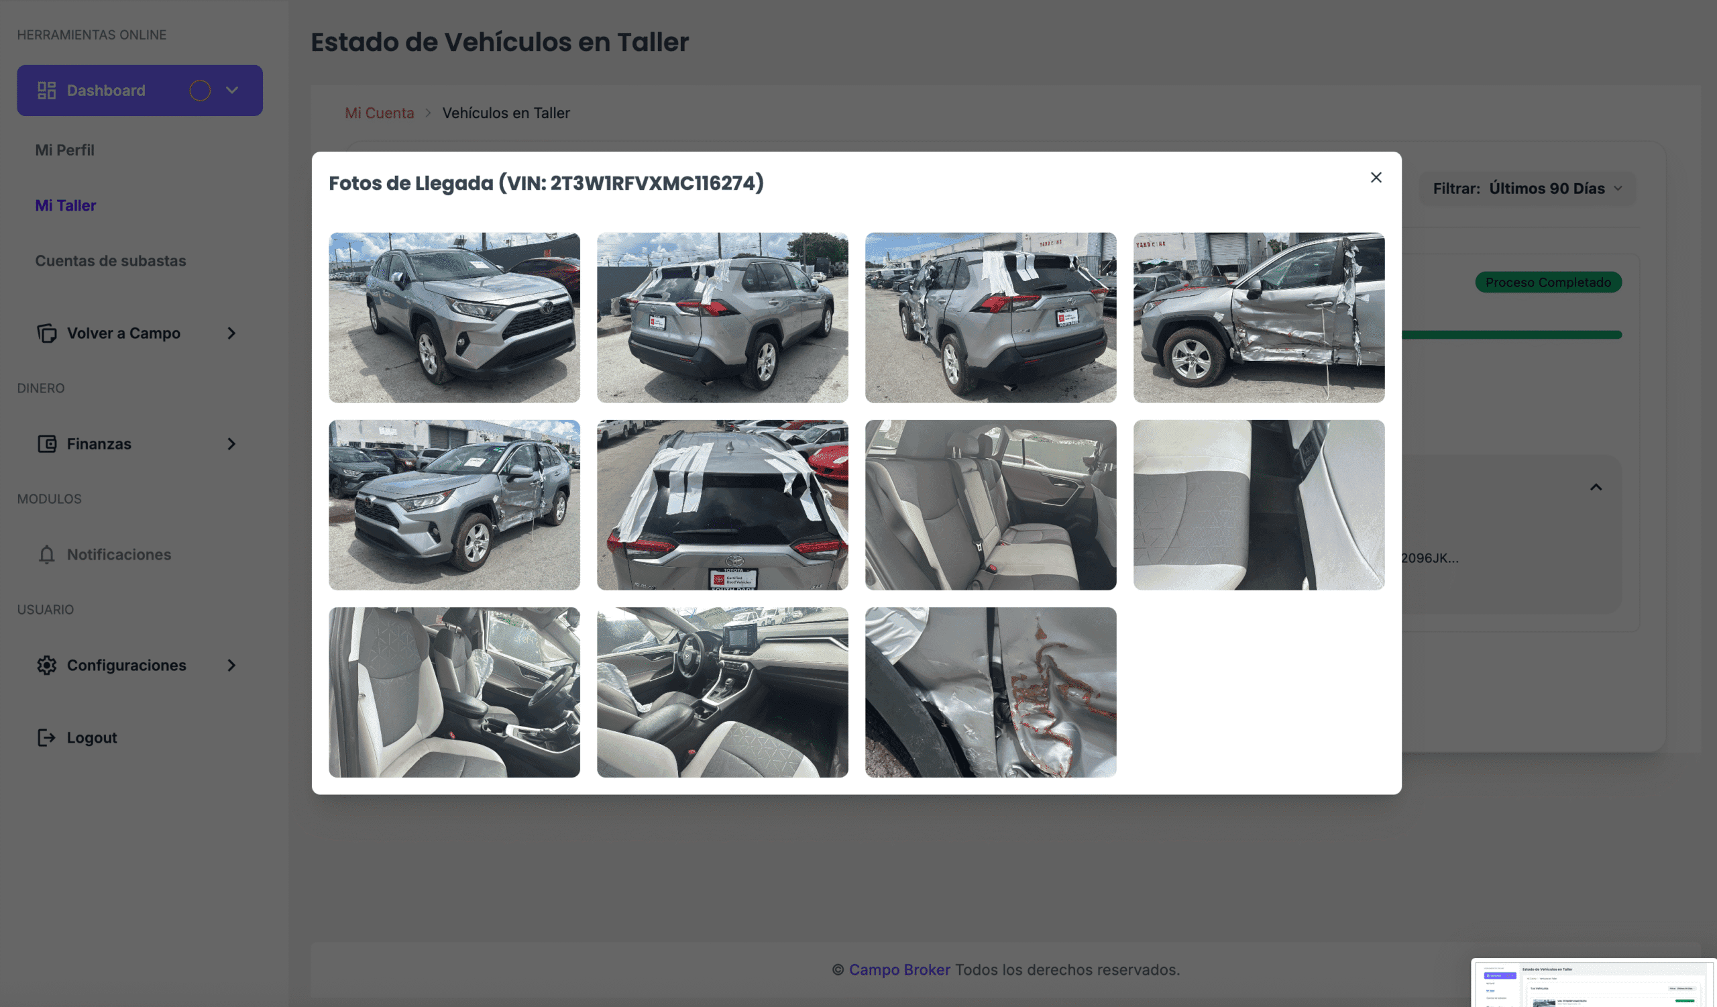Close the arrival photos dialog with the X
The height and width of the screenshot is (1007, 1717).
tap(1376, 178)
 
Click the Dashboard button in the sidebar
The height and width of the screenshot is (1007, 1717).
tap(105, 91)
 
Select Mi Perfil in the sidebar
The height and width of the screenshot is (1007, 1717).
tap(65, 150)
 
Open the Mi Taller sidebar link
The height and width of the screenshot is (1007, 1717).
tap(66, 205)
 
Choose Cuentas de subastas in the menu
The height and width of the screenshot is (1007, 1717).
tap(111, 261)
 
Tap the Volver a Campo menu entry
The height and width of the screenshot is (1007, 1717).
tap(123, 333)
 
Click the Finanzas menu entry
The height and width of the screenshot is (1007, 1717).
tap(99, 444)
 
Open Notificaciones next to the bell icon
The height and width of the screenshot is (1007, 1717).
tap(119, 555)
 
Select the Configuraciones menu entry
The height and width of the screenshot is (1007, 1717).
tap(126, 665)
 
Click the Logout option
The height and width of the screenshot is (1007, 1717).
tap(91, 738)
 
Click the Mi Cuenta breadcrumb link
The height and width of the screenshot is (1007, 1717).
tap(379, 113)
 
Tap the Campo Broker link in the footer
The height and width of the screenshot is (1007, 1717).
tap(899, 969)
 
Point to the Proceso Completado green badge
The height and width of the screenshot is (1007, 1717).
tap(1547, 282)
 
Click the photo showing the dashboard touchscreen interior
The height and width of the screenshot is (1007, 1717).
tap(722, 692)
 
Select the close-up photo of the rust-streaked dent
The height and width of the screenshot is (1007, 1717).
tap(990, 692)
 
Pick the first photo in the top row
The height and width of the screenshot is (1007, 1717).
tap(454, 317)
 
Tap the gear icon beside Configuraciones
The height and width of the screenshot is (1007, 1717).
tap(46, 665)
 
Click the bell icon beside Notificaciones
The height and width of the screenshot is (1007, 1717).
tap(46, 555)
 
